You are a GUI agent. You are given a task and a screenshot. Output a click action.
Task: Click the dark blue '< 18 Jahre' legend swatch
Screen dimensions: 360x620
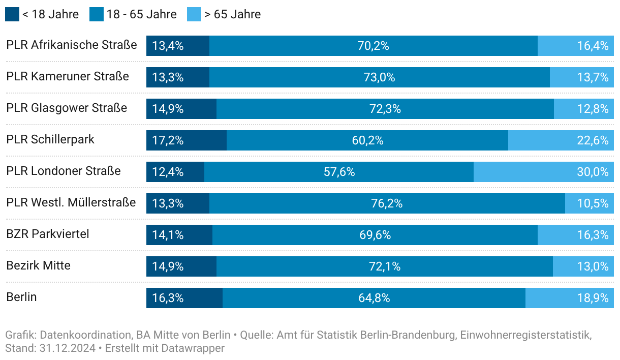[12, 14]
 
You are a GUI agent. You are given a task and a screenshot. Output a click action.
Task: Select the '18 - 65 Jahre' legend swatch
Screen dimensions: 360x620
[97, 14]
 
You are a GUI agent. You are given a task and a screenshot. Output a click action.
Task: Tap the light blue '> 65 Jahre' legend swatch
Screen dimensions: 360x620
[194, 14]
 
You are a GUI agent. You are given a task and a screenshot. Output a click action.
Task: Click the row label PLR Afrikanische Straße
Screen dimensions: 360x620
[72, 45]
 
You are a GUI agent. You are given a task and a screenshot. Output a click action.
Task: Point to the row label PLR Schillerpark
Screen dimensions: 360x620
[50, 139]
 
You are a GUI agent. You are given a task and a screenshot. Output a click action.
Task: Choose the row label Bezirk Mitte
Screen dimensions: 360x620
[38, 265]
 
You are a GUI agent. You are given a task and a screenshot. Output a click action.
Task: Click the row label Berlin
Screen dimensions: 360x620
[21, 297]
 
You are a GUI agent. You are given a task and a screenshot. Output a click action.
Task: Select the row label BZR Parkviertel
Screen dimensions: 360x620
[48, 234]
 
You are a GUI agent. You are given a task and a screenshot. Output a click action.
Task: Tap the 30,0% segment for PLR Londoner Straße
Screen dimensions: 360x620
[543, 172]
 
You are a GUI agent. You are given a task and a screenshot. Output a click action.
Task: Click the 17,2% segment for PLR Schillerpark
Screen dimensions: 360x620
[187, 140]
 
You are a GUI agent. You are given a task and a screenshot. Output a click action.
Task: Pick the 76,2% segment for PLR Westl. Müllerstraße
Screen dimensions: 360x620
[387, 203]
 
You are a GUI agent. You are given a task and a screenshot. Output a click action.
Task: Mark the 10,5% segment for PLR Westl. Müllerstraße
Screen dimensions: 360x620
[589, 203]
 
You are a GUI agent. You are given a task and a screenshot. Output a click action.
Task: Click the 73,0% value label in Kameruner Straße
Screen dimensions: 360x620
[379, 77]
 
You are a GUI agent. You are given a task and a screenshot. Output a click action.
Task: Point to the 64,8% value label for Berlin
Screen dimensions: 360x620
[374, 298]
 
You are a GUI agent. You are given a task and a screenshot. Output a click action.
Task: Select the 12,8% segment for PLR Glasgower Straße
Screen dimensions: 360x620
[583, 109]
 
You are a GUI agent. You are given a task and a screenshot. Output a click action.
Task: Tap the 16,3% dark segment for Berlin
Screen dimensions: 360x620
[184, 298]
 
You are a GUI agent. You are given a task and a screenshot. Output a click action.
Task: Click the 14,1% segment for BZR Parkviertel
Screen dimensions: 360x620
[179, 235]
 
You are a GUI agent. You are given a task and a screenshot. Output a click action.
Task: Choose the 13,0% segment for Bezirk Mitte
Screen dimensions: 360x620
[583, 266]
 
